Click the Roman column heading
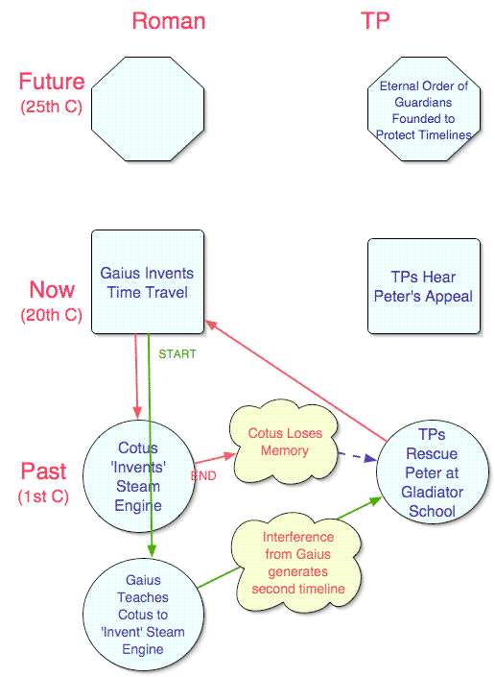tap(169, 21)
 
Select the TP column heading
tap(375, 21)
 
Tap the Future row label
tap(52, 82)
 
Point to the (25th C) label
tap(51, 107)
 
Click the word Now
tap(52, 289)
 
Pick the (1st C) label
tap(43, 496)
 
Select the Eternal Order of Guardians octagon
tap(424, 109)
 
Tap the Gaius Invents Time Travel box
tap(148, 282)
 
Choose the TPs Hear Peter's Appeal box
tap(424, 286)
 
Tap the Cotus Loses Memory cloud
tap(285, 442)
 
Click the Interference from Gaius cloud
tap(298, 563)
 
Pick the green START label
tap(177, 354)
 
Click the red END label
tap(203, 475)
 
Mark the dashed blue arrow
tap(357, 456)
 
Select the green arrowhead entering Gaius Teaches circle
tap(152, 551)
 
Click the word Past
tap(43, 471)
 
